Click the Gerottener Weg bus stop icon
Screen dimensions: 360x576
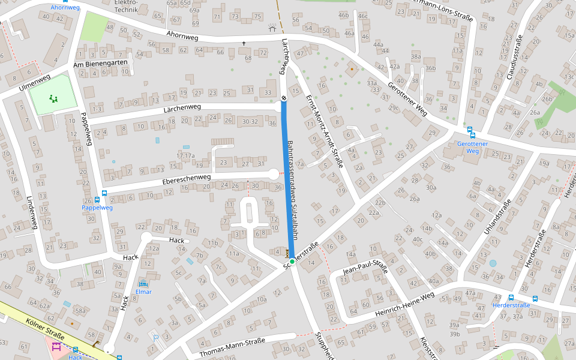(470, 129)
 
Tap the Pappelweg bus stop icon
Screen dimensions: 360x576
(104, 193)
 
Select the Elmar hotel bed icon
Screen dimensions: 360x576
(143, 283)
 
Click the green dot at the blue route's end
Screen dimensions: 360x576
(292, 262)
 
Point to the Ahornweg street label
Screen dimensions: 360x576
(182, 37)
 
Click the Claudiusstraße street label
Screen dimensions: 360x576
(515, 57)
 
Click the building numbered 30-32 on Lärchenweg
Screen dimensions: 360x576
(250, 121)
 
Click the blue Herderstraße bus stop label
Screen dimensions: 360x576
(511, 305)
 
